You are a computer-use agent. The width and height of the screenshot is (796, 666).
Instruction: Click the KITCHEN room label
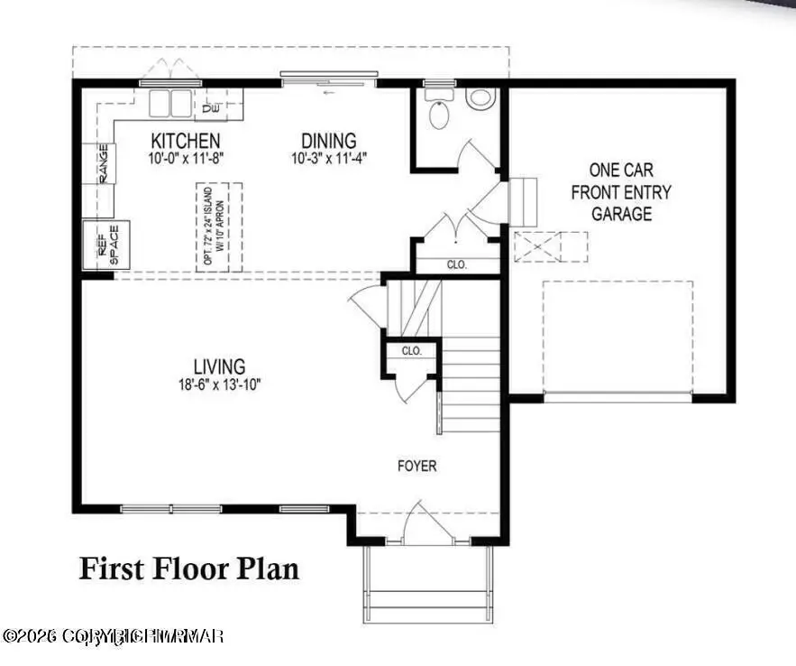(x=185, y=141)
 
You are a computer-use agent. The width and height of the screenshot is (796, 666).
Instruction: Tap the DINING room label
(x=328, y=141)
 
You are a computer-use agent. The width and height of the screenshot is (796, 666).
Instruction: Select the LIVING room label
(x=219, y=366)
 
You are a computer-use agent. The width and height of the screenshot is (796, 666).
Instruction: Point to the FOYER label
(x=417, y=467)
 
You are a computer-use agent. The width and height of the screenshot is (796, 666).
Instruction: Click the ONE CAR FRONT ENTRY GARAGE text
(x=622, y=191)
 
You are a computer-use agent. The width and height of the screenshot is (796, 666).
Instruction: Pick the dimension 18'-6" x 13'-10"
(x=219, y=384)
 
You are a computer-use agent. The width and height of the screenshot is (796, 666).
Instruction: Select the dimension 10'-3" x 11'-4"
(x=328, y=158)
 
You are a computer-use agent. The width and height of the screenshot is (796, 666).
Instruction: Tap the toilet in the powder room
(x=440, y=114)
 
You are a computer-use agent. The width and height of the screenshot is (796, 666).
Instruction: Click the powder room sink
(x=480, y=98)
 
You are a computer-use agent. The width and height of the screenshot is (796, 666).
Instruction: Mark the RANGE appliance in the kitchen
(x=103, y=163)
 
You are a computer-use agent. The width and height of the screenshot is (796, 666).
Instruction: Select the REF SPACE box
(x=106, y=244)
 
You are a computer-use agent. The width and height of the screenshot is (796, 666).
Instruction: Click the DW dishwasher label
(x=211, y=109)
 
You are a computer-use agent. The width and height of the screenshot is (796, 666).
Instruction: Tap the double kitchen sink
(x=171, y=104)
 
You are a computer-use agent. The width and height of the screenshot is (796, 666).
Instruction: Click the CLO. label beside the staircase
(x=412, y=350)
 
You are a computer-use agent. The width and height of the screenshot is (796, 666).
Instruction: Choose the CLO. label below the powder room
(x=457, y=265)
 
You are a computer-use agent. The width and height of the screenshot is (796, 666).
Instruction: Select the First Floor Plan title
(x=189, y=569)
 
